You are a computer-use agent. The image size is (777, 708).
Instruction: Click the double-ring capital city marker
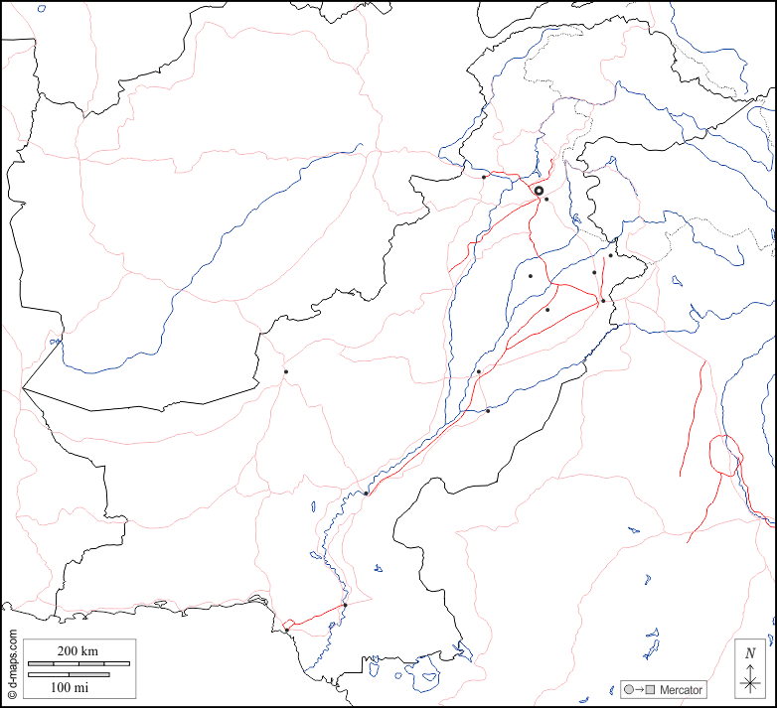(x=539, y=191)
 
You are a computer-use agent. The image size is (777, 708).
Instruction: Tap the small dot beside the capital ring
(x=546, y=200)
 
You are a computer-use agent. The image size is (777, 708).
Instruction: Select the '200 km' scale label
(x=77, y=651)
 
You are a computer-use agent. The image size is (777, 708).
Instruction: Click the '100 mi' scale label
(x=69, y=687)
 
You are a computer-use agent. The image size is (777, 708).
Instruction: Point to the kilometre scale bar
(x=78, y=662)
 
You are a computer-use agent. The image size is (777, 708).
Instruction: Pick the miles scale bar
(x=69, y=675)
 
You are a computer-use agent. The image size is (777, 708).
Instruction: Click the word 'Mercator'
(x=681, y=690)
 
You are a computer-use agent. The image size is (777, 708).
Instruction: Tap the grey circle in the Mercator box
(x=629, y=690)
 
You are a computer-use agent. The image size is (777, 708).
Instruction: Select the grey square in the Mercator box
(x=652, y=690)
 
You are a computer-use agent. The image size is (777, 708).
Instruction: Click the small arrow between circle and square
(x=640, y=690)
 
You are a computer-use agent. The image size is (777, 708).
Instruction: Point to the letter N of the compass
(x=751, y=653)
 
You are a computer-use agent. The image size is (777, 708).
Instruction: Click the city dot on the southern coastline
(x=286, y=630)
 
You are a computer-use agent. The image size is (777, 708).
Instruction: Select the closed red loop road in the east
(x=725, y=456)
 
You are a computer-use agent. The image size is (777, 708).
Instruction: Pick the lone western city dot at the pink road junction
(x=285, y=372)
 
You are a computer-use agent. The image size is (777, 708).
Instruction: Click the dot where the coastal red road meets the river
(x=345, y=606)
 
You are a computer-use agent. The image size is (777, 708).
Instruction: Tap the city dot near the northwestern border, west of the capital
(x=484, y=177)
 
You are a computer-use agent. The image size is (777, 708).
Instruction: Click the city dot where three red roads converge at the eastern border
(x=603, y=301)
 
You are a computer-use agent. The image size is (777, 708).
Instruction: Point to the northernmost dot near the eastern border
(x=610, y=256)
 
